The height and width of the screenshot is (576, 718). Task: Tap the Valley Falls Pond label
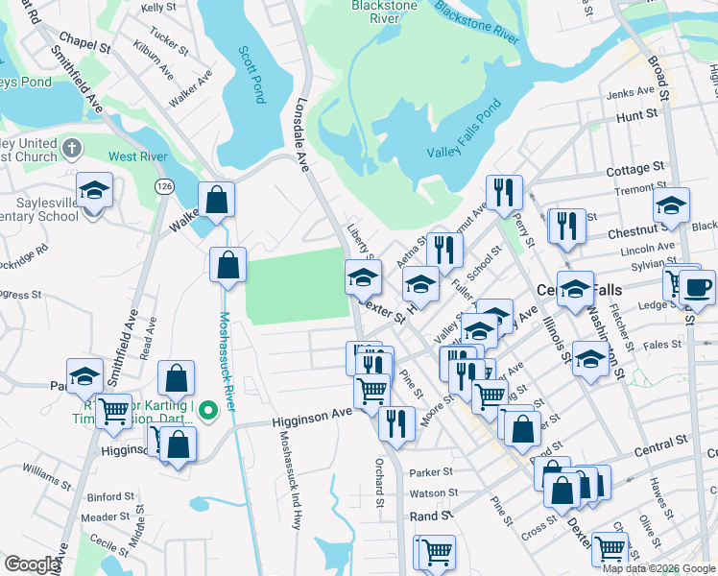coord(465,144)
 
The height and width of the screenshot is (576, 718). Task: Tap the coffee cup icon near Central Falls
coord(697,288)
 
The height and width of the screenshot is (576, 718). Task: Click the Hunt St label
coord(636,114)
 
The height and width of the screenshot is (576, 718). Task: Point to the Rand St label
coord(433,516)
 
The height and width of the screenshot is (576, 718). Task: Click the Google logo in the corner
coord(32,564)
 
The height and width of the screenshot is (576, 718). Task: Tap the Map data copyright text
coord(658,568)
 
